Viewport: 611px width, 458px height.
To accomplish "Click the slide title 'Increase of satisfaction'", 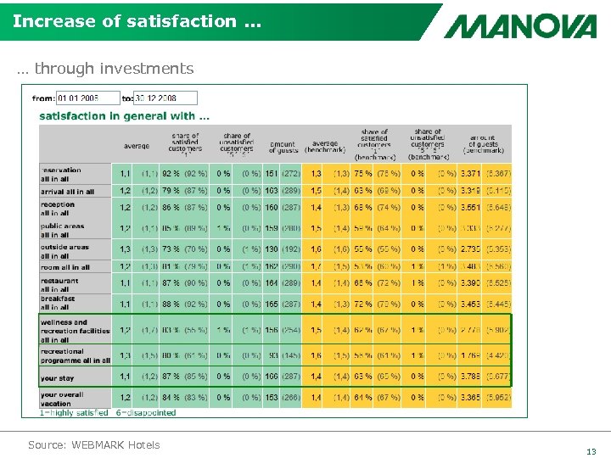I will [x=126, y=20].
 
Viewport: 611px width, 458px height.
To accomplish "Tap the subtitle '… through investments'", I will [x=105, y=69].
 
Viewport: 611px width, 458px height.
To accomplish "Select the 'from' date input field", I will [x=87, y=98].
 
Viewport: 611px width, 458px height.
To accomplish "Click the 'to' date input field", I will [x=165, y=98].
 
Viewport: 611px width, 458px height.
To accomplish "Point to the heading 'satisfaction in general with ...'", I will [x=125, y=115].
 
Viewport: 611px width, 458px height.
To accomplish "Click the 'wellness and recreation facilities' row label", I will [x=75, y=331].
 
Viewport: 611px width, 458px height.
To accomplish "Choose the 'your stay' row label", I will [x=58, y=378].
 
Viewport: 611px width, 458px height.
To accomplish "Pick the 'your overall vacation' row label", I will [x=62, y=397].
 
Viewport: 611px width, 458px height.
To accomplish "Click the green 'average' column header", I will [x=136, y=146].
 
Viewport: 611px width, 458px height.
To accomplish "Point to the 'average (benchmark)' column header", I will [x=324, y=147].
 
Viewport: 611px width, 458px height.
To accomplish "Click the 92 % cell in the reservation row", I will [x=171, y=174].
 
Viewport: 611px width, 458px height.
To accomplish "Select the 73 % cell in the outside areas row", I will [x=171, y=249].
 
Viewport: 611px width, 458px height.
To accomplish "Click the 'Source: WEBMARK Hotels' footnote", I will [x=93, y=444].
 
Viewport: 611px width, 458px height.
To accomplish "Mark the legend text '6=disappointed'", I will [x=146, y=413].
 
